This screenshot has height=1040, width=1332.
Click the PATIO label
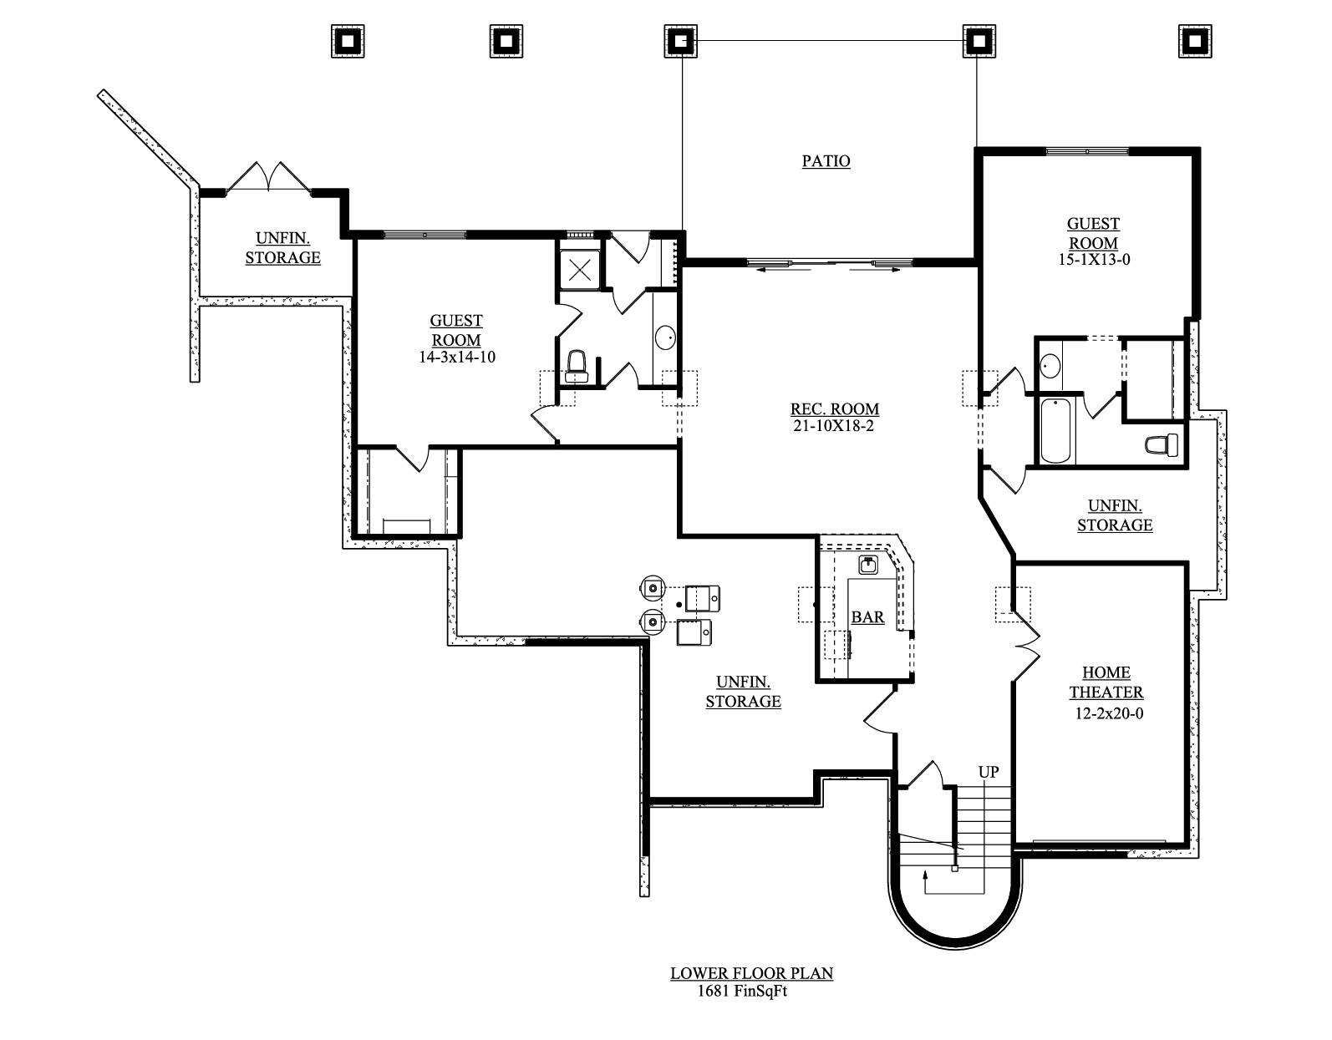point(826,160)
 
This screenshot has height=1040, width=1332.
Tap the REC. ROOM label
point(834,409)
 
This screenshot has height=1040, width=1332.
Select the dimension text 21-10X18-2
point(834,427)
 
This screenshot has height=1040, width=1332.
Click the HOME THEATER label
point(1106,682)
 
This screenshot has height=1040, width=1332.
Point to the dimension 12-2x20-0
point(1109,713)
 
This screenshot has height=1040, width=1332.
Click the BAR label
point(867,617)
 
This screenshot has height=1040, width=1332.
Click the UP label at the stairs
point(988,772)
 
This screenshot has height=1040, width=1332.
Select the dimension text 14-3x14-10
point(457,357)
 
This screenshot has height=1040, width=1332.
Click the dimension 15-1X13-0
point(1093,260)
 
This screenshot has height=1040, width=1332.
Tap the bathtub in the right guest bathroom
point(1055,430)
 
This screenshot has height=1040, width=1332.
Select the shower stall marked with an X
point(579,269)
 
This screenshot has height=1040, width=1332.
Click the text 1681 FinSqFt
point(742,992)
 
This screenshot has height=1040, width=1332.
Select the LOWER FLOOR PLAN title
point(751,973)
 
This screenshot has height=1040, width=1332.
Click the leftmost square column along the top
point(348,41)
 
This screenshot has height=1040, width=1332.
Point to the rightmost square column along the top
point(1195,41)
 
